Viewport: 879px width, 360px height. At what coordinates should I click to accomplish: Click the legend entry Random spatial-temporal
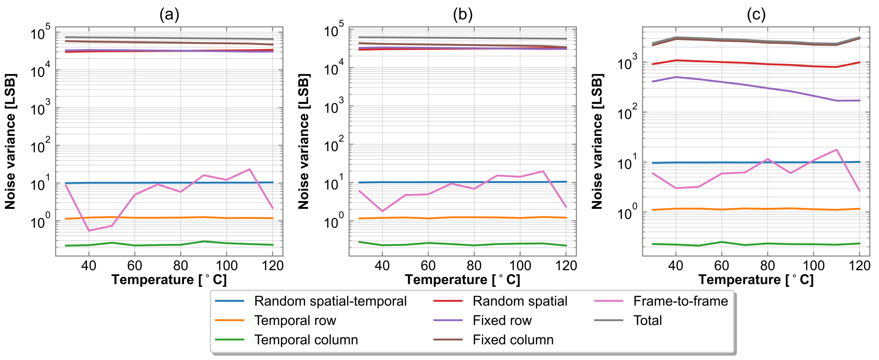click(x=330, y=301)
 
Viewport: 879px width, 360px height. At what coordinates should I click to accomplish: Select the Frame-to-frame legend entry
click(x=680, y=301)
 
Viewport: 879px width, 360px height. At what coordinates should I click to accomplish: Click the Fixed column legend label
click(x=513, y=340)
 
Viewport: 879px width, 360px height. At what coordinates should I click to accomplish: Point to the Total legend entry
click(x=647, y=320)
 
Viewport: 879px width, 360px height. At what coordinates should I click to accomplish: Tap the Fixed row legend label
click(x=502, y=320)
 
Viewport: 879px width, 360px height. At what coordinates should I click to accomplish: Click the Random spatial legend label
click(x=520, y=301)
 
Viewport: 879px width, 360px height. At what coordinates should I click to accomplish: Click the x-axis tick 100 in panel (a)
click(x=227, y=265)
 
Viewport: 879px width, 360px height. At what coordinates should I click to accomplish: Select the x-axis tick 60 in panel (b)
click(x=428, y=265)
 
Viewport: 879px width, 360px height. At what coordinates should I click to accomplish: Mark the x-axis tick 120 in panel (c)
click(x=859, y=265)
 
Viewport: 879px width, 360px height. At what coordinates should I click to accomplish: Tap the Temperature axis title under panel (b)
click(x=462, y=280)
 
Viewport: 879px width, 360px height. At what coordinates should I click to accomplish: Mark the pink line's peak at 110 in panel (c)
click(x=836, y=149)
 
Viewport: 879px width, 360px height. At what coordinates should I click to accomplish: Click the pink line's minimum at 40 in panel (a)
click(x=89, y=231)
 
